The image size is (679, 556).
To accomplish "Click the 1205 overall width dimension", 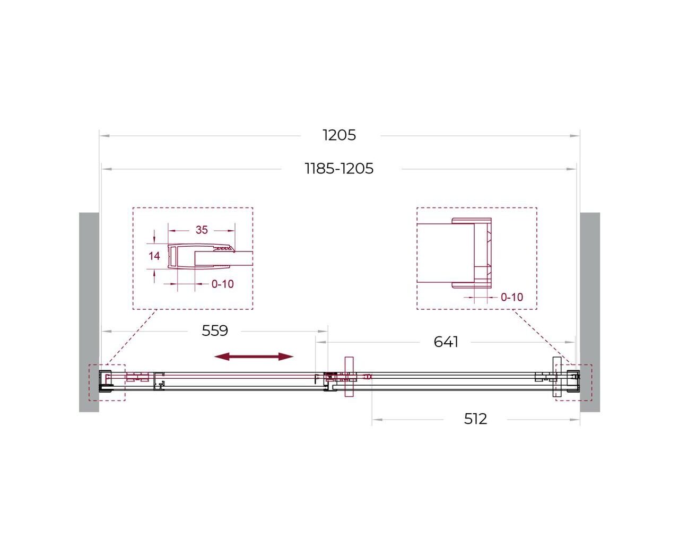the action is pyautogui.click(x=339, y=135).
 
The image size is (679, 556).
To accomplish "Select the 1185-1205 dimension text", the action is pyautogui.click(x=339, y=168).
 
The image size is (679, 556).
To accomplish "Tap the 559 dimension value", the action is pyautogui.click(x=215, y=331).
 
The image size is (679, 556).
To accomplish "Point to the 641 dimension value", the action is pyautogui.click(x=446, y=342).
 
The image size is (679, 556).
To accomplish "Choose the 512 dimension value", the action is pyautogui.click(x=475, y=419).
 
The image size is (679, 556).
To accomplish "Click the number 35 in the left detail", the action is pyautogui.click(x=202, y=230).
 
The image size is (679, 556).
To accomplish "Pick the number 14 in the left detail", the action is pyautogui.click(x=154, y=256).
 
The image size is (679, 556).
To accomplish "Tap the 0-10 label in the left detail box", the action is pyautogui.click(x=222, y=284).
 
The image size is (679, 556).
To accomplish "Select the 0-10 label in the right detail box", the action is pyautogui.click(x=512, y=297).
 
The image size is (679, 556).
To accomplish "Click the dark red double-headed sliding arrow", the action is pyautogui.click(x=254, y=357).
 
